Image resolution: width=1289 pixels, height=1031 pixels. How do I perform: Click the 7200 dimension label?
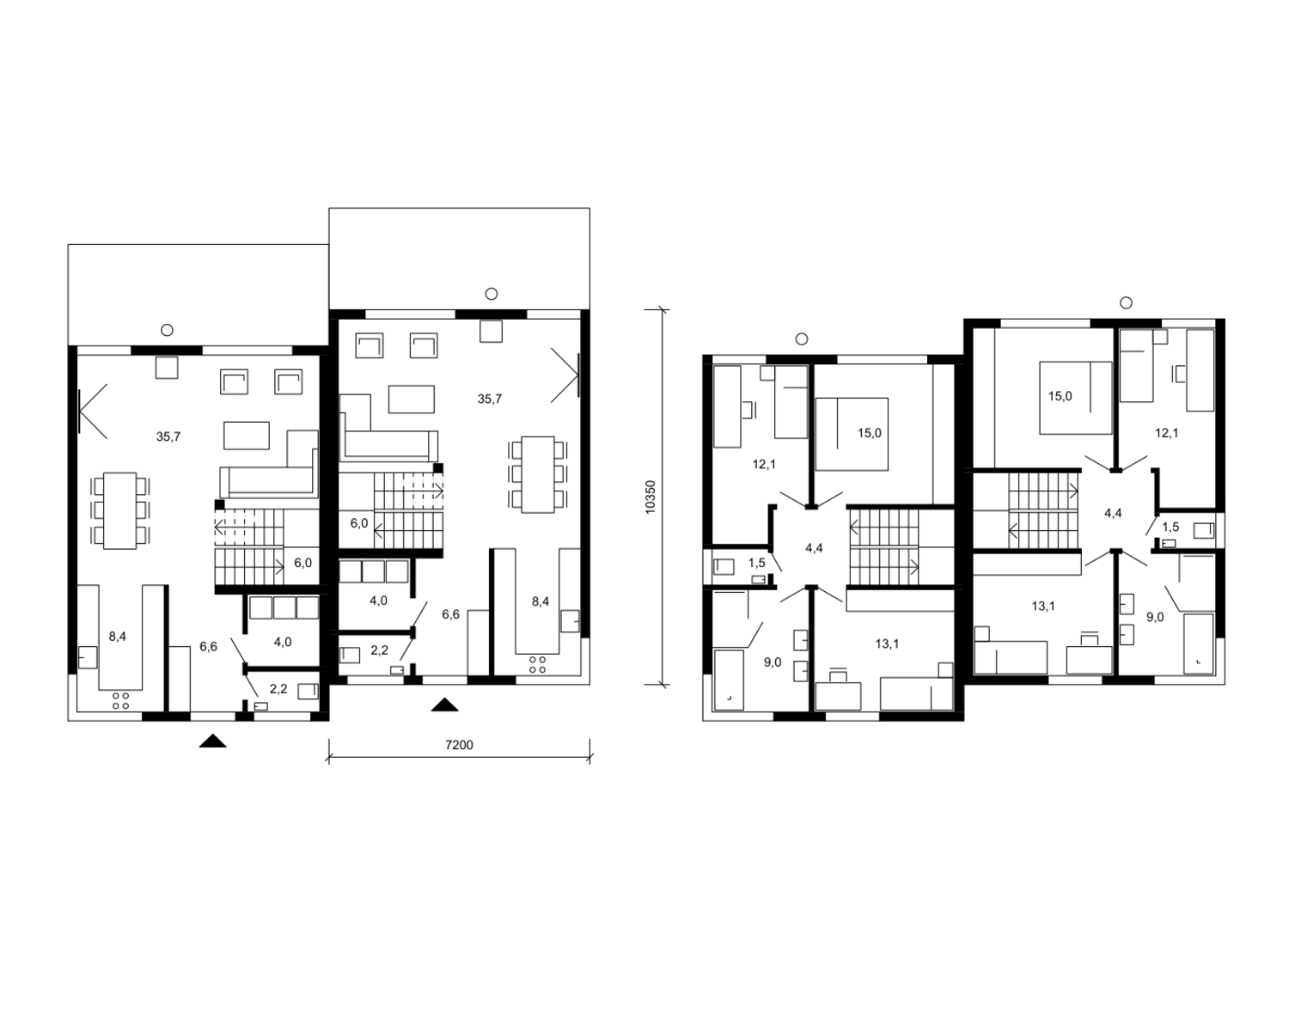point(459,745)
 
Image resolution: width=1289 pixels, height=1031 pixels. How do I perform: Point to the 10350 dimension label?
point(651,497)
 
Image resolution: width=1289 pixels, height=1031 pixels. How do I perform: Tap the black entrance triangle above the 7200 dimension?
point(444,705)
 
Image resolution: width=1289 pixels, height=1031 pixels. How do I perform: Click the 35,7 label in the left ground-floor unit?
point(168,436)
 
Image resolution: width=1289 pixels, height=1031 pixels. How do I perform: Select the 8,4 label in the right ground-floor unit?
point(541,601)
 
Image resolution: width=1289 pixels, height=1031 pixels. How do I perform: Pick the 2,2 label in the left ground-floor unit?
point(278,689)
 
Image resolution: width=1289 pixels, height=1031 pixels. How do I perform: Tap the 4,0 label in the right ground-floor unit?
point(379,601)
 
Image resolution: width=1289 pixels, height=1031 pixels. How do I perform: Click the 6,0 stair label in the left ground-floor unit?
point(303,563)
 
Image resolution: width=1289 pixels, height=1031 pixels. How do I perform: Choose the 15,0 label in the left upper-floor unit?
point(869,433)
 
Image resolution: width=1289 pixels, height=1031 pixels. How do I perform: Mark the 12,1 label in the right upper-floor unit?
point(1167,433)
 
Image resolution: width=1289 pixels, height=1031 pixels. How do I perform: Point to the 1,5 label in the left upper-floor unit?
point(757,563)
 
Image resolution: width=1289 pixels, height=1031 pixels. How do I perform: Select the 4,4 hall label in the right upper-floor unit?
point(1113,513)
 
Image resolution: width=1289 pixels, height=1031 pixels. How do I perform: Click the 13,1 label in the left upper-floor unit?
point(887,644)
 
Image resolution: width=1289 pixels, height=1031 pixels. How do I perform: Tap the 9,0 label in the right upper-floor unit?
point(1156,617)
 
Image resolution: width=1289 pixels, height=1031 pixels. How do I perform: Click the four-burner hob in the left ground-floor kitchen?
point(120,701)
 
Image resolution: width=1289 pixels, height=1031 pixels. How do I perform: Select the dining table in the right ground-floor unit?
point(538,475)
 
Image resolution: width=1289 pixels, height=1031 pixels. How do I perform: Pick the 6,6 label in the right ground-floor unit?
point(450,614)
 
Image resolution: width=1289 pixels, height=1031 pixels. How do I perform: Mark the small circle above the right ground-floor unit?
point(492,294)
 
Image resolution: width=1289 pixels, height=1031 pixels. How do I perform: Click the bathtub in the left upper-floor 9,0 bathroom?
point(729,680)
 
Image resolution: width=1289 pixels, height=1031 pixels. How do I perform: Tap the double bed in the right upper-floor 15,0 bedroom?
point(1076,398)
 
